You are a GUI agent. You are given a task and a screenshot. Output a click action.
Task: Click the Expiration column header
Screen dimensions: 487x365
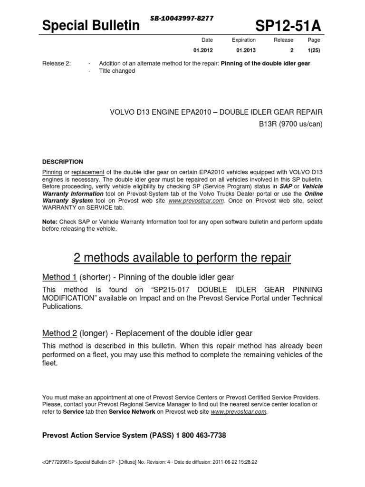pyautogui.click(x=244, y=40)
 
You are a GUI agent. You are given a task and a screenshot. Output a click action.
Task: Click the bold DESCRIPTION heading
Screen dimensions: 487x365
pyautogui.click(x=63, y=162)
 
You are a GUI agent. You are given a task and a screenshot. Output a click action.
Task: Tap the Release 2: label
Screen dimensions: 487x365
pyautogui.click(x=57, y=64)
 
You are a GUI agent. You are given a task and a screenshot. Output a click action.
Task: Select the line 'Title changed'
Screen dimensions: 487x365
pyautogui.click(x=116, y=71)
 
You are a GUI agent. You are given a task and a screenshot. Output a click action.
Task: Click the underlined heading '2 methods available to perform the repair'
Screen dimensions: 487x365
pyautogui.click(x=182, y=258)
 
